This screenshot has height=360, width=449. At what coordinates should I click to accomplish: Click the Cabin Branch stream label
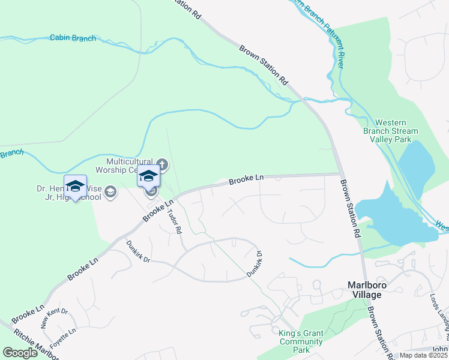coord(73,38)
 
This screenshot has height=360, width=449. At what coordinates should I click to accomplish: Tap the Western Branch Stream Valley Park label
coord(391,131)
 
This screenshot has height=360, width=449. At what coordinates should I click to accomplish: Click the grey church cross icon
coord(162,164)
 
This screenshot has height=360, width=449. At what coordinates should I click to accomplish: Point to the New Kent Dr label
coord(55,318)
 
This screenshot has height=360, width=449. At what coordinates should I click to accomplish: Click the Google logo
coord(20,353)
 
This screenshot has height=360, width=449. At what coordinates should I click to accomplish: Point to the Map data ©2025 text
coord(423,355)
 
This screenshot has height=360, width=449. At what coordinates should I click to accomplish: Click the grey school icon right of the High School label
coord(110,192)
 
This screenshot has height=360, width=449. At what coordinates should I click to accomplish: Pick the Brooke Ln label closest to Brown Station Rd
coord(246,179)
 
